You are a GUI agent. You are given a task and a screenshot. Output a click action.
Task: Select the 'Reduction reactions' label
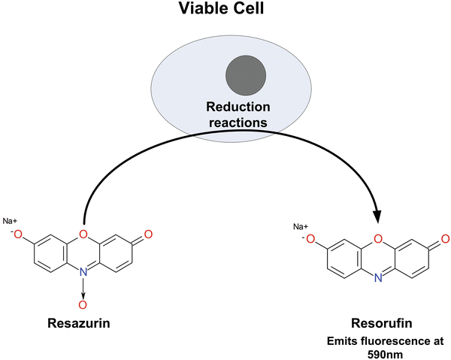225,112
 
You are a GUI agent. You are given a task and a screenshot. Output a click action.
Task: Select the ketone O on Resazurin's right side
148,235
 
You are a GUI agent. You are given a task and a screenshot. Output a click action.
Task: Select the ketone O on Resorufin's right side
444,240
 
